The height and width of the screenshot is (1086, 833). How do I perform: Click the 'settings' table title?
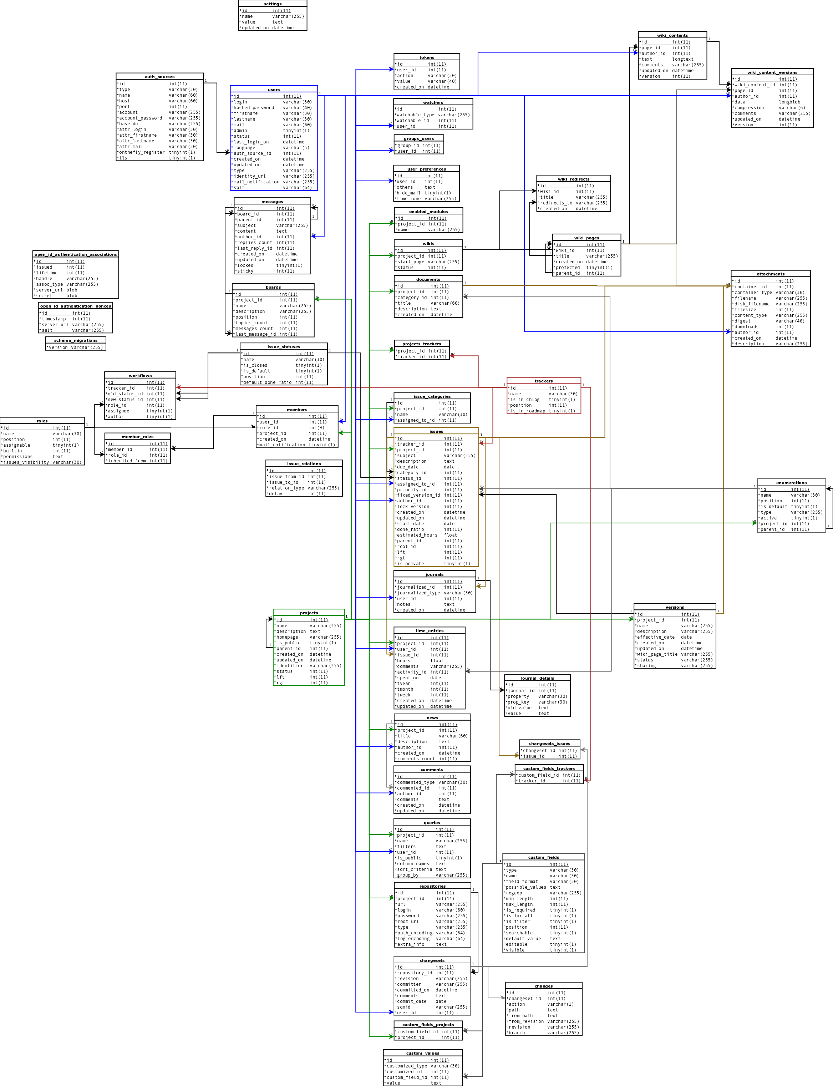273,4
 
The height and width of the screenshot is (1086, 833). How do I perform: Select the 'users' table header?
274,90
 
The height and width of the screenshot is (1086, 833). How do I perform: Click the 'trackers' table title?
543,381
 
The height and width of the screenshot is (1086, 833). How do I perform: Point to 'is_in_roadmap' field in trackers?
528,411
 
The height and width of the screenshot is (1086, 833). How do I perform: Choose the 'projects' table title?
309,613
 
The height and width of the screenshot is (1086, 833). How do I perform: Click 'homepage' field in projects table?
287,637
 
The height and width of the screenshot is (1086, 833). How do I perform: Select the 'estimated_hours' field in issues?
417,535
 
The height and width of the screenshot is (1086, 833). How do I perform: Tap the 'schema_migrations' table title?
76,340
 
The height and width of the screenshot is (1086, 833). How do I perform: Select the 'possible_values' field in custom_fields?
525,887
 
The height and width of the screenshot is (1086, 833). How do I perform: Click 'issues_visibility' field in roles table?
26,462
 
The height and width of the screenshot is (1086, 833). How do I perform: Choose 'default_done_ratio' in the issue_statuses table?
267,382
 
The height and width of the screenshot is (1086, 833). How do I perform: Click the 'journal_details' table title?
537,678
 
